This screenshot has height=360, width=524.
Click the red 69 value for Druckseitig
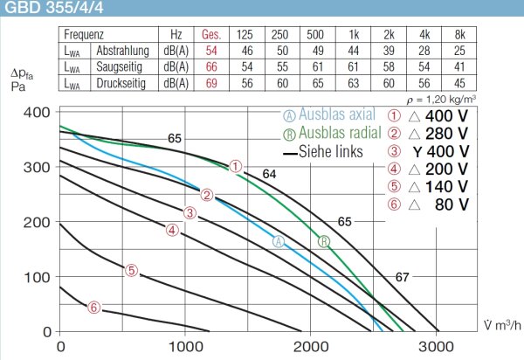[210, 82]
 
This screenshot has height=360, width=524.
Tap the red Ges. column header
[210, 35]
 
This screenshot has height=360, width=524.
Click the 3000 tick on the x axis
[435, 347]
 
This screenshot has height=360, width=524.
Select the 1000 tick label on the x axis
[185, 347]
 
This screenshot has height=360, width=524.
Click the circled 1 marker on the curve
[236, 165]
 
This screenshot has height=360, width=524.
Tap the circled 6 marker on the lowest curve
[94, 307]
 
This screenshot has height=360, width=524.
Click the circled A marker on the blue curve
[279, 241]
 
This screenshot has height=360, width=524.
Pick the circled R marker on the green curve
[325, 241]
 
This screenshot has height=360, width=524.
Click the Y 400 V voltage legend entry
[445, 151]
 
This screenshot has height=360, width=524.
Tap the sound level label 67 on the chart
[402, 278]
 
